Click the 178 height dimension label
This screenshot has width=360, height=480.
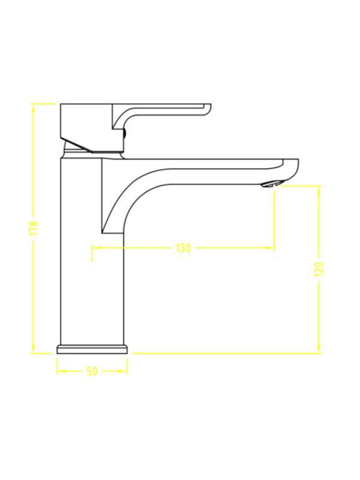(35, 228)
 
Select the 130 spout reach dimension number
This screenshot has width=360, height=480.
(183, 248)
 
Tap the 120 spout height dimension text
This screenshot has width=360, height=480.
(319, 269)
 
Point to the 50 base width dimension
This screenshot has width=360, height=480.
(92, 371)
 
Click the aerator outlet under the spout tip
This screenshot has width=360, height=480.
(271, 184)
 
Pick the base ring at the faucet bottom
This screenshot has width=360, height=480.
(92, 349)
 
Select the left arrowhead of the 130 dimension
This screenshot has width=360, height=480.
(96, 248)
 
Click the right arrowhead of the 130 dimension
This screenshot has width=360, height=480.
(270, 248)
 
